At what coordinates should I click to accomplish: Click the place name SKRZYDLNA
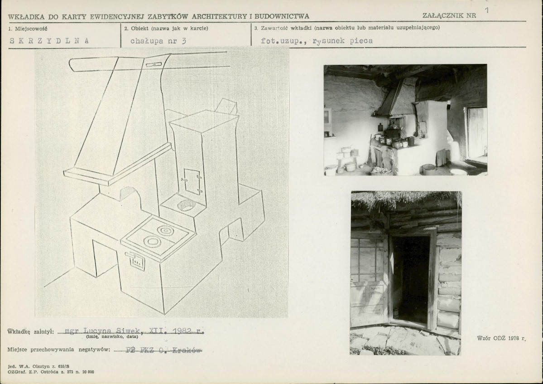click(x=49, y=40)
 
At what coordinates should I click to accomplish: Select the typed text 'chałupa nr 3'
click(x=158, y=40)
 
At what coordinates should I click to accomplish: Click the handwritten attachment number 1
click(x=486, y=10)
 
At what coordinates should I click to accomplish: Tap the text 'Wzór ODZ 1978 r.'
click(x=501, y=338)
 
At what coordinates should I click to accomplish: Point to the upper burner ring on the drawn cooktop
click(x=164, y=230)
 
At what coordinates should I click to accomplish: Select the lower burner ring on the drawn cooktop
click(x=151, y=242)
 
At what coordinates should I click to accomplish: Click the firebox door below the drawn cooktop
click(x=137, y=261)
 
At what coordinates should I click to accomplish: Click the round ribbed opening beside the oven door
click(x=186, y=205)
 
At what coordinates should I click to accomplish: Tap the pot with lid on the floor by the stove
click(x=429, y=169)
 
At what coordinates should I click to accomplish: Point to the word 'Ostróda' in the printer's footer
click(x=45, y=372)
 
